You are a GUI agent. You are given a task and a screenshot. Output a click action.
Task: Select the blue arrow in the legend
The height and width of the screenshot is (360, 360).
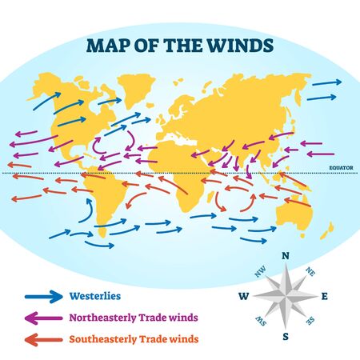click(46, 295)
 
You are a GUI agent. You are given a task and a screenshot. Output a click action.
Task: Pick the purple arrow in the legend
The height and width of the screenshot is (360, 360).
click(46, 318)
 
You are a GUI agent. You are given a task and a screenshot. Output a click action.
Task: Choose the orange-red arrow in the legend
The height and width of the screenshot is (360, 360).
click(46, 339)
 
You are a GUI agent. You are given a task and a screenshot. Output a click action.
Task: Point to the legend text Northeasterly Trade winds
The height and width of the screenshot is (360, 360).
click(135, 318)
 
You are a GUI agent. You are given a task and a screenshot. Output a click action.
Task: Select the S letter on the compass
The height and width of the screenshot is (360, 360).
click(286, 337)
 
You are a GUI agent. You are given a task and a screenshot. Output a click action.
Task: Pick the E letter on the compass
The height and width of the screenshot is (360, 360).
click(325, 297)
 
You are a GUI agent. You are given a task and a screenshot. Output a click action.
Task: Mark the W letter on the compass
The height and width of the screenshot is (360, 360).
click(244, 297)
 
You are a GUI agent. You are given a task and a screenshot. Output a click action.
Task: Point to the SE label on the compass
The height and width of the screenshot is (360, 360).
click(311, 322)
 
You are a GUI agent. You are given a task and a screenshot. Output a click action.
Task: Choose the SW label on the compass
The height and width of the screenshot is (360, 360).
click(260, 322)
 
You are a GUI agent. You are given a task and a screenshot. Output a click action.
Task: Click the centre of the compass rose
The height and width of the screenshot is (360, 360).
click(286, 297)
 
